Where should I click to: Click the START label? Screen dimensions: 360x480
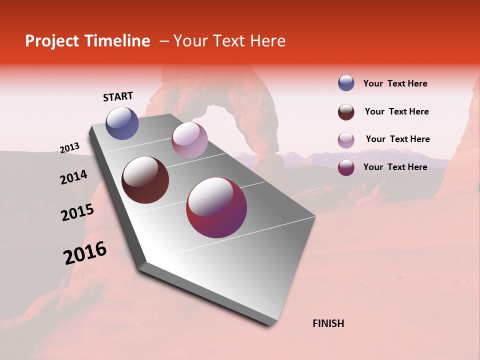pos(118,96)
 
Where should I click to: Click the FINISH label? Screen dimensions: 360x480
pos(328,323)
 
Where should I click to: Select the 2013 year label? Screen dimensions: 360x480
pos(70,148)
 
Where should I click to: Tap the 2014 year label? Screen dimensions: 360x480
pos(73,177)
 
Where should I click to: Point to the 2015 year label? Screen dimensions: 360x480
pos(77,212)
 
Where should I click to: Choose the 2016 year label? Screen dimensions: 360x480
pos(85,252)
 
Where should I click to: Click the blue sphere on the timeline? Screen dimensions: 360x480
pos(122,123)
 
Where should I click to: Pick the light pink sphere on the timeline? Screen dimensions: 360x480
pos(189,140)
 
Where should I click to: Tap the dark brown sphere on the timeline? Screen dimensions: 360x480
pos(145,180)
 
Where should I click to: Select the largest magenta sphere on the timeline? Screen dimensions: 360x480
pos(216,207)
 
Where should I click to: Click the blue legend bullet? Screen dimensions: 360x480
pos(346,83)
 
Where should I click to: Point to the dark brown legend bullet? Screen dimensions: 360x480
pos(346,112)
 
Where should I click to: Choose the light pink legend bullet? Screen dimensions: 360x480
pos(346,139)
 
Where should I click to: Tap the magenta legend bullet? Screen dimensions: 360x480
pos(346,167)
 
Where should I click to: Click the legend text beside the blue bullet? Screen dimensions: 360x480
pos(395,83)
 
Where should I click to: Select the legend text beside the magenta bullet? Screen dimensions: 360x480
pos(395,167)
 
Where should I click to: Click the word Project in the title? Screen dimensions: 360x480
pos(52,41)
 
